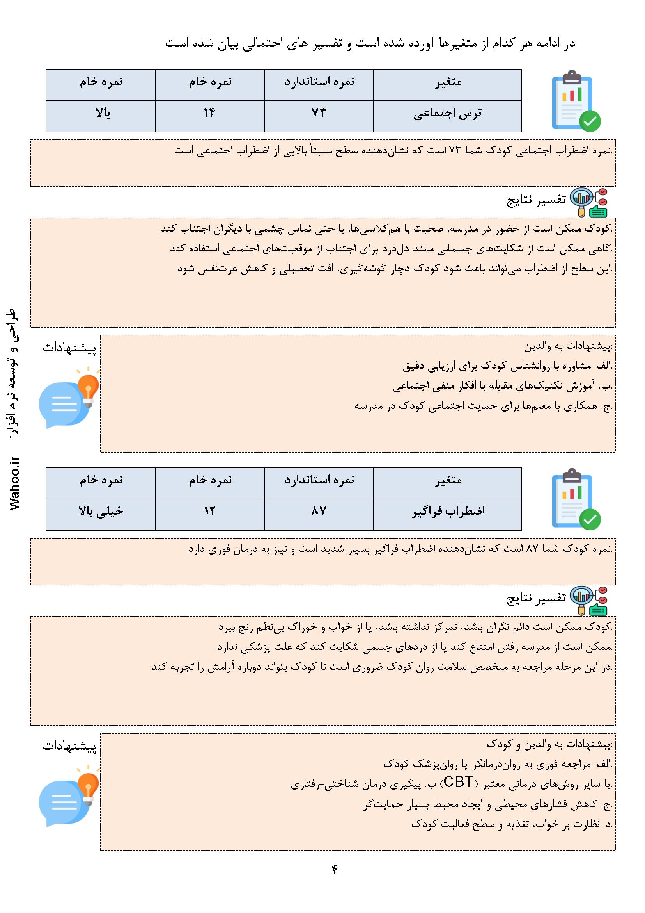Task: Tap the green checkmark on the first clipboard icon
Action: click(x=590, y=121)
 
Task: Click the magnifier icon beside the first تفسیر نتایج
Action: click(x=581, y=200)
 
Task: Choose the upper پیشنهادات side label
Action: click(x=69, y=348)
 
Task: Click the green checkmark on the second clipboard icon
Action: click(x=590, y=519)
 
